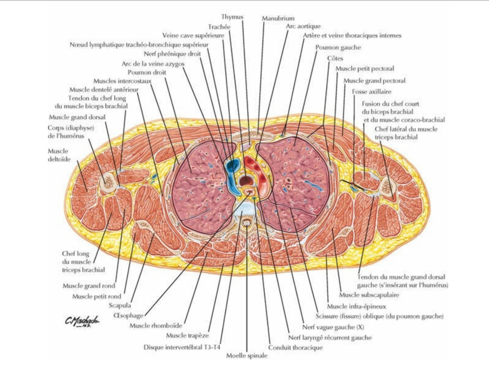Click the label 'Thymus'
[232, 16]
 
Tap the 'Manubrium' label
[278, 18]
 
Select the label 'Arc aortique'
[303, 26]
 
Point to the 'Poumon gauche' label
[338, 48]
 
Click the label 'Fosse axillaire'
[371, 92]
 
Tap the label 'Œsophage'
[129, 315]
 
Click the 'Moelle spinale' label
[247, 356]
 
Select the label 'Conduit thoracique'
[295, 348]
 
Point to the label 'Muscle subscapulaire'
[369, 295]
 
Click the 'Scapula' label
[120, 305]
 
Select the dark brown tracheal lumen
[244, 180]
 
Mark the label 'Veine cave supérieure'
[193, 35]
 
